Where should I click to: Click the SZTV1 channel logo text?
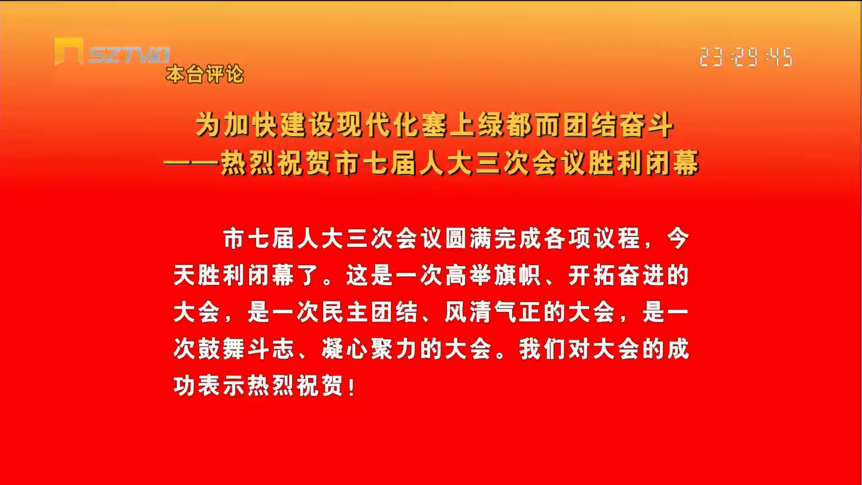coord(129,55)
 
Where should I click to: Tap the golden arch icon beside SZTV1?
coord(69,51)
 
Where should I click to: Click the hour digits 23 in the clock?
coord(712,57)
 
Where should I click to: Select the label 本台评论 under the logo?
coord(205,74)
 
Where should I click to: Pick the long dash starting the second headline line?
coord(192,163)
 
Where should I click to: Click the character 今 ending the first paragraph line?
coord(677,238)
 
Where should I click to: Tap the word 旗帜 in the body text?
coord(519,275)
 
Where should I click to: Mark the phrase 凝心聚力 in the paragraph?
coord(370,349)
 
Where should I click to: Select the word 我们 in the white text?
coord(543,349)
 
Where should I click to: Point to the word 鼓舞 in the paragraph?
coord(222,349)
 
